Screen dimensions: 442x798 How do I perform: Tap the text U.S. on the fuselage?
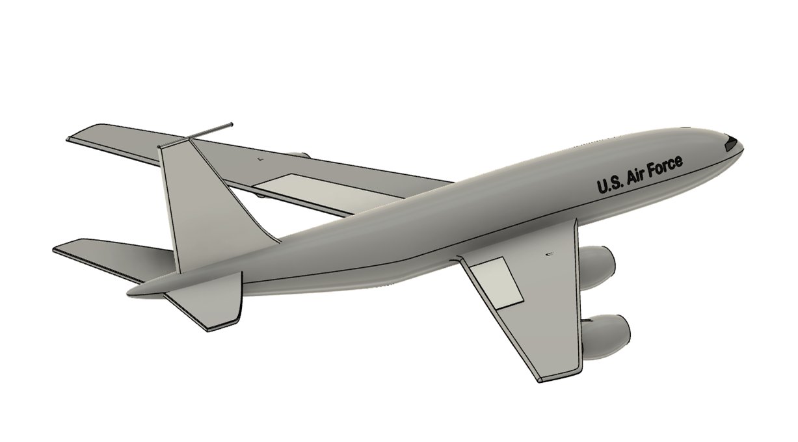(x=609, y=185)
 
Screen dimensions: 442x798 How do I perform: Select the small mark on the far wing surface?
(x=259, y=159)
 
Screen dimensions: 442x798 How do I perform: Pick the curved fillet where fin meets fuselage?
(x=263, y=231)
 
